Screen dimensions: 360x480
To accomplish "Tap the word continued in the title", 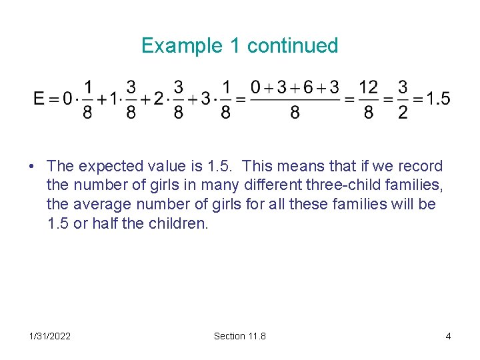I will tap(293, 46).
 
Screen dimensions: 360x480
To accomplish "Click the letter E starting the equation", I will tap(39, 99).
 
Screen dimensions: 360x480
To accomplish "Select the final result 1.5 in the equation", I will tap(437, 99).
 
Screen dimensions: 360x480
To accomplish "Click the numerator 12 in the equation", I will tap(368, 87).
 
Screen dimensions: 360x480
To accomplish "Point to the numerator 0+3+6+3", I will tap(294, 87).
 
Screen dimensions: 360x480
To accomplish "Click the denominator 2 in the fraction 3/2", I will tap(403, 113).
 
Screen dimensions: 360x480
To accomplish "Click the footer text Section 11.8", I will tap(239, 336).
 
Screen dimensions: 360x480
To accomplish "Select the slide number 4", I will tap(448, 336).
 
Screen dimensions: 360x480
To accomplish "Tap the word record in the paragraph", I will tap(420, 167).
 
